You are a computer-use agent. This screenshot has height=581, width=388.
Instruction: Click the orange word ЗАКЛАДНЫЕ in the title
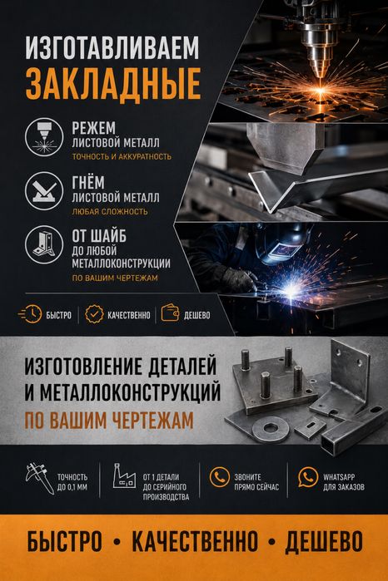point(113,83)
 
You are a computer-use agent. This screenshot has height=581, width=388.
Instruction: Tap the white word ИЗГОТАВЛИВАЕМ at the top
point(112,47)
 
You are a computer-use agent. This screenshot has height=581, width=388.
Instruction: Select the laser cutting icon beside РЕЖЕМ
point(44,136)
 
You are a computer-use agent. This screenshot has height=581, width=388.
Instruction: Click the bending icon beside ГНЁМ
point(44,190)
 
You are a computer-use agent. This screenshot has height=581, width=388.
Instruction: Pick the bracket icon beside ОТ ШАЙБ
point(44,244)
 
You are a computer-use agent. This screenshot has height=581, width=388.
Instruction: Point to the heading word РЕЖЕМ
point(93,128)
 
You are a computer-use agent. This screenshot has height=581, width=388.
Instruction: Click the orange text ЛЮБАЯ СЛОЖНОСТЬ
point(110,212)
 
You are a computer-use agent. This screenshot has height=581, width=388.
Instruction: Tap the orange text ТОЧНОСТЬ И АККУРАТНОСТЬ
point(122,157)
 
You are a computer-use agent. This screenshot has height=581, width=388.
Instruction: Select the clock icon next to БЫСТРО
point(31,314)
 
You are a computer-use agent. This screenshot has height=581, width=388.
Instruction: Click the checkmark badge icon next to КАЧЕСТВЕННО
point(94,314)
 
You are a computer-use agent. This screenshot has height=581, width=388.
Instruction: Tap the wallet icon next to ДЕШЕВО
point(170,313)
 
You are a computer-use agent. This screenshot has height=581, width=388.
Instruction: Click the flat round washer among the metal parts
point(271,429)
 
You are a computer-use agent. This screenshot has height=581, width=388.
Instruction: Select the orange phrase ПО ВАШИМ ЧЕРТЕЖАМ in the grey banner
point(109,421)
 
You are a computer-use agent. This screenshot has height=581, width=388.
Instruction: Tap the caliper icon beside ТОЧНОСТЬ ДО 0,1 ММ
point(38,479)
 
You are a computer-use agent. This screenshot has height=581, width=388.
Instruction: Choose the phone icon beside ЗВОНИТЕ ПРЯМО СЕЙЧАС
point(219,476)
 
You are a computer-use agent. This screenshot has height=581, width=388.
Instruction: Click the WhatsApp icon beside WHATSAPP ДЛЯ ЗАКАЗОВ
point(308,477)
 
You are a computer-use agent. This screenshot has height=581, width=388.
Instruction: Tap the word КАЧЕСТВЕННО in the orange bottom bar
point(195,541)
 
